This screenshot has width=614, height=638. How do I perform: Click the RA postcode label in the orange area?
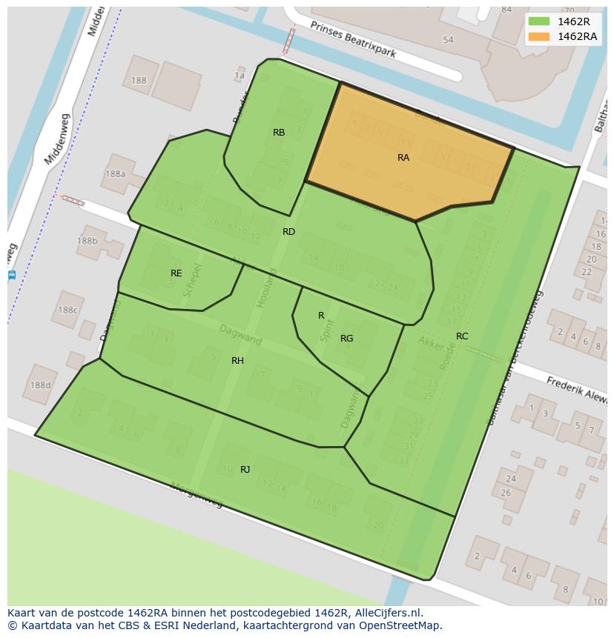(403, 158)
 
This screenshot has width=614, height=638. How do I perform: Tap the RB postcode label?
(279, 133)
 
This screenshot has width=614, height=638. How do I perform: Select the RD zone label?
(288, 232)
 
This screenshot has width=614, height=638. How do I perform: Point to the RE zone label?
(176, 273)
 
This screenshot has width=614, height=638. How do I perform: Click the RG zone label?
(346, 339)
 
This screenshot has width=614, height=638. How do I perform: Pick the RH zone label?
(237, 361)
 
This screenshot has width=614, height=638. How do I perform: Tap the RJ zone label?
(245, 470)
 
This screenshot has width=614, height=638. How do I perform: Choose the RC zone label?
(462, 336)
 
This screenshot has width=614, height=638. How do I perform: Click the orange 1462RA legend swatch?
(539, 36)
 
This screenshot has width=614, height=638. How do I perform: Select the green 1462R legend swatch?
(539, 21)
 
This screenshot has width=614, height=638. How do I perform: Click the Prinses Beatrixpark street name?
(353, 39)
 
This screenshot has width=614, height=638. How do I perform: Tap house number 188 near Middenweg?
(139, 81)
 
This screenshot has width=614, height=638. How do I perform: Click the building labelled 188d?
(40, 385)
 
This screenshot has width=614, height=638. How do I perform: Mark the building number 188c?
(67, 310)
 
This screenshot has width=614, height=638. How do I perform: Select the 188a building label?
(115, 174)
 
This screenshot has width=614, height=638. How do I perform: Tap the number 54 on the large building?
(447, 40)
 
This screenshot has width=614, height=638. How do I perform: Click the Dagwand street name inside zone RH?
(241, 335)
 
